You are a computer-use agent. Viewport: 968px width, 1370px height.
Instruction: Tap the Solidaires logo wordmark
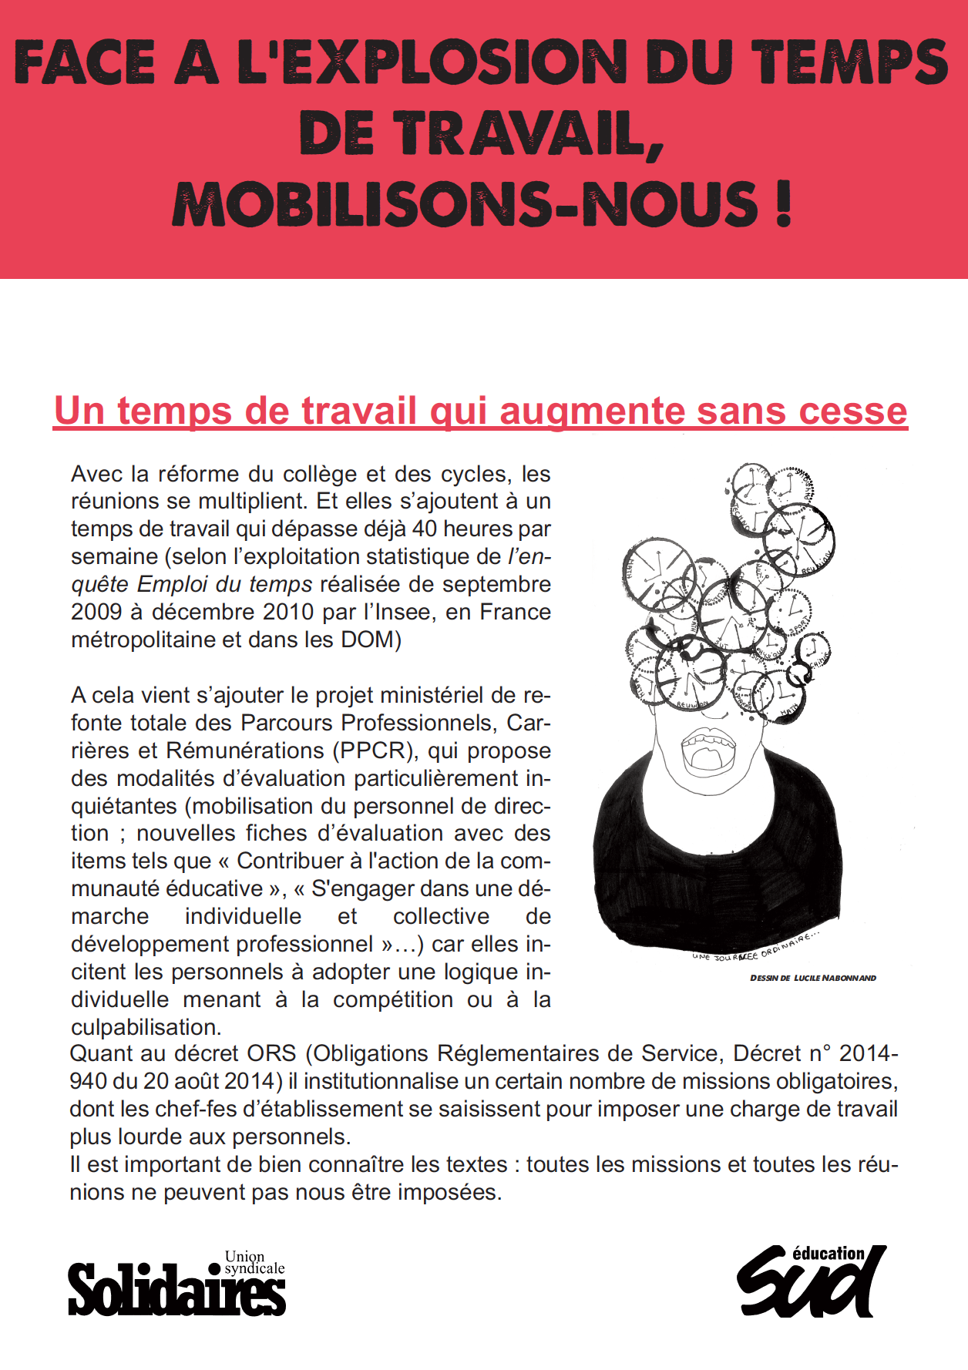(x=176, y=1291)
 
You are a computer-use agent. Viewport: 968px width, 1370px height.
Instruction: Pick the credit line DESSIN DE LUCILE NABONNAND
(x=813, y=978)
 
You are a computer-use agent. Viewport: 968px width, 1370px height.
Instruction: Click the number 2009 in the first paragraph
(x=96, y=612)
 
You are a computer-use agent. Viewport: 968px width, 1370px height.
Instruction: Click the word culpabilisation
(x=146, y=1027)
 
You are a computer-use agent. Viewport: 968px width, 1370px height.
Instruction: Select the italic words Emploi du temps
(x=224, y=584)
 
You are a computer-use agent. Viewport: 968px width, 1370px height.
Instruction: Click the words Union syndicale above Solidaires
(x=254, y=1262)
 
